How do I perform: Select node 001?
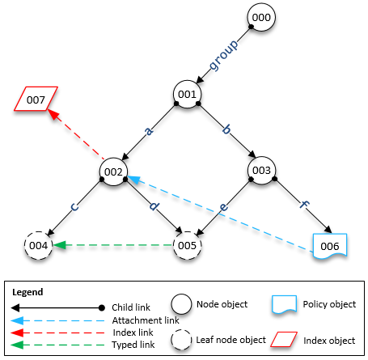188,95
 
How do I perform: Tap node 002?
114,171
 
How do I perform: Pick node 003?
261,171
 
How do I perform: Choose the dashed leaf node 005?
188,244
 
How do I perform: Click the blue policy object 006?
330,245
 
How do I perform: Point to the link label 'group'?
224,55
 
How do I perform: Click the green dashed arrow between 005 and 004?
113,244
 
